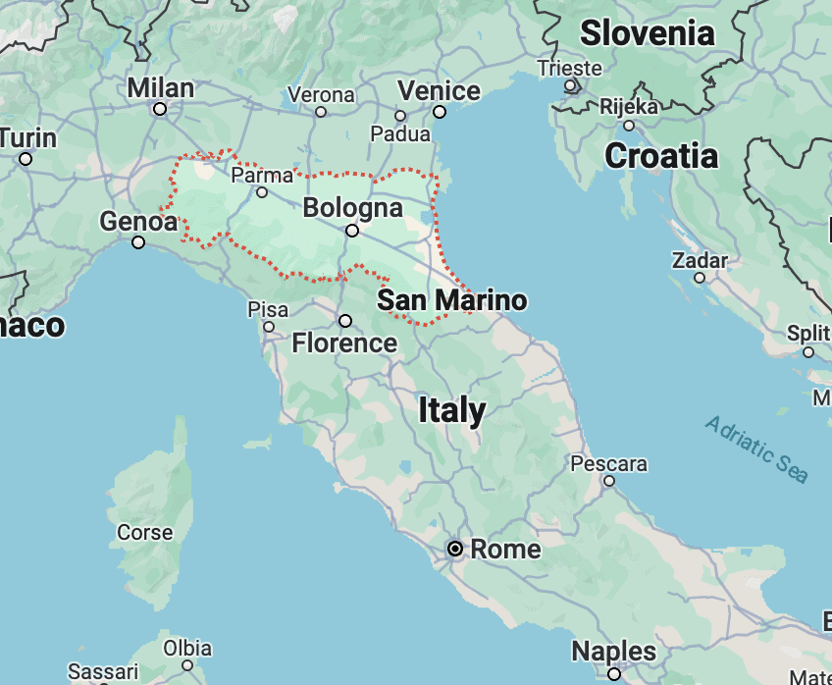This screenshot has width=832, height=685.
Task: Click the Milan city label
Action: click(161, 87)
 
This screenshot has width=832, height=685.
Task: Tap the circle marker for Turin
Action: click(26, 159)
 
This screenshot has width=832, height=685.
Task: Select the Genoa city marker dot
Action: click(138, 242)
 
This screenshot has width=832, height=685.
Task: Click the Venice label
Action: click(439, 91)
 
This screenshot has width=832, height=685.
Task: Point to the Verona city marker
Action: click(320, 112)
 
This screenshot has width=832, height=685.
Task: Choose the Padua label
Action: click(400, 134)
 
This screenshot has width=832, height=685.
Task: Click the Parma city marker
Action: click(262, 192)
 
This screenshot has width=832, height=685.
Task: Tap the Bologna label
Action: click(353, 208)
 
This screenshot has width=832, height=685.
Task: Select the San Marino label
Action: click(452, 300)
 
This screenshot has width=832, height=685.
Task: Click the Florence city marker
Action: click(345, 321)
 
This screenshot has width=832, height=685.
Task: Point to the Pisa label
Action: click(268, 310)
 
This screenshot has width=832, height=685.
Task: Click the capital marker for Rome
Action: click(455, 549)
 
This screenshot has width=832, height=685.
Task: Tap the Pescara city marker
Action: click(609, 481)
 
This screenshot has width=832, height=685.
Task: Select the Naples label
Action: click(614, 651)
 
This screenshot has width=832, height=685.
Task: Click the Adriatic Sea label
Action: click(756, 449)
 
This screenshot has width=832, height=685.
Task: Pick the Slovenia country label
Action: click(648, 33)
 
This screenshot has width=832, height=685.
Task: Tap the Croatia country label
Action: click(661, 155)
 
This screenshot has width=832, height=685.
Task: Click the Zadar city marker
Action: click(700, 278)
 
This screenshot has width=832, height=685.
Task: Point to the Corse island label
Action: click(145, 533)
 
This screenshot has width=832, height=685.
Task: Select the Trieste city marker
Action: click(569, 85)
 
